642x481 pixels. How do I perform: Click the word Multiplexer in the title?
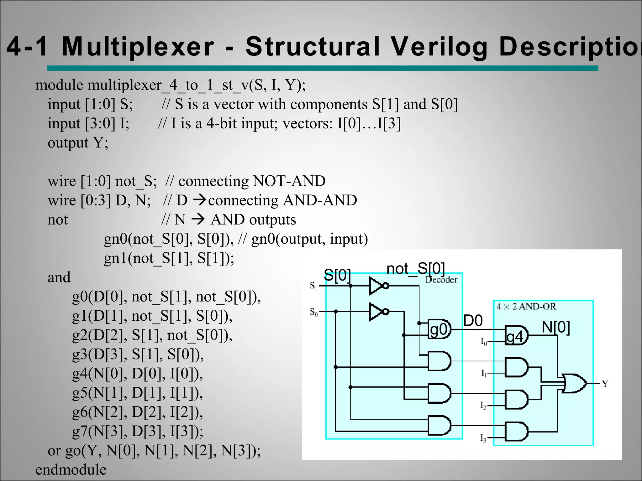point(138,47)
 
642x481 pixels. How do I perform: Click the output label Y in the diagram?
point(605,384)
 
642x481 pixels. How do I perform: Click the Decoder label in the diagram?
point(441,280)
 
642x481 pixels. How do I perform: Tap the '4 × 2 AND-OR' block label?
point(526,307)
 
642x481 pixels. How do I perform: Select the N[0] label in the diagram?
point(556,327)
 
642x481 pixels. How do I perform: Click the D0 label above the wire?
point(473,321)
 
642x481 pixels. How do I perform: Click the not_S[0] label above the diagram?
point(416,269)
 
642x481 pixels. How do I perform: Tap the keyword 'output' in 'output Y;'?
point(68,143)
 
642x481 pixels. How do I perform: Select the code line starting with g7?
point(138,431)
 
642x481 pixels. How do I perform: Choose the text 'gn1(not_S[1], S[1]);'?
point(169,258)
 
